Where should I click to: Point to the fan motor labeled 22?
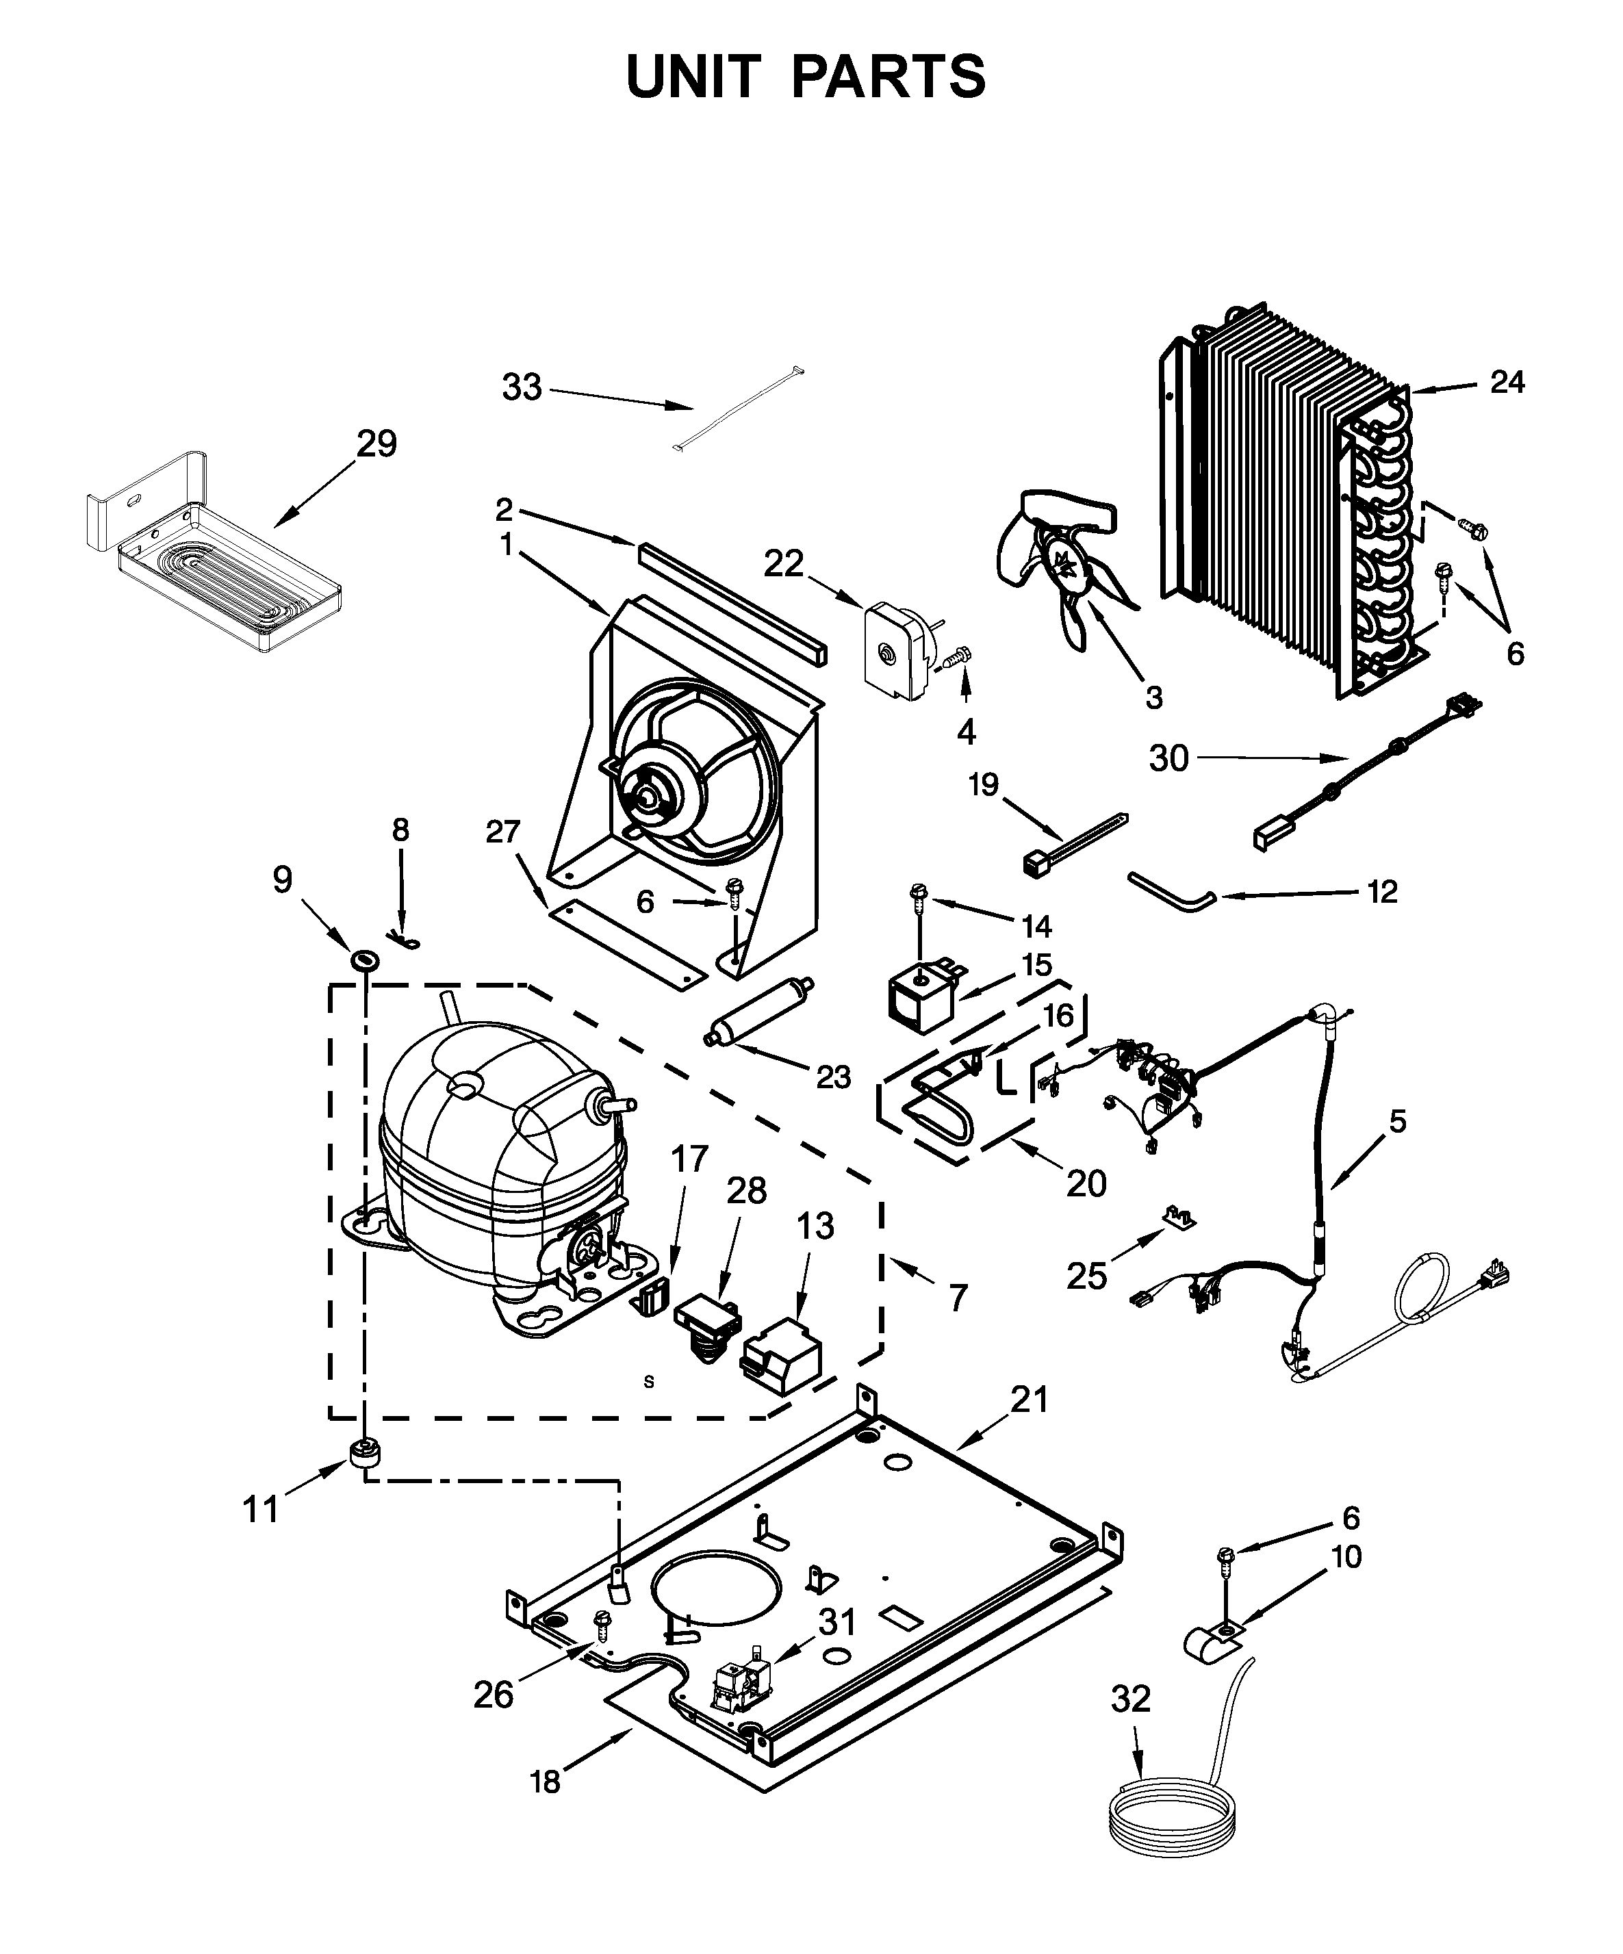click(x=899, y=652)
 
